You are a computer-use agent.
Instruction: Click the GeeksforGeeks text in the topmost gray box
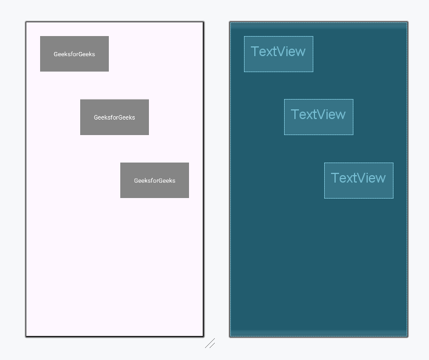pos(74,54)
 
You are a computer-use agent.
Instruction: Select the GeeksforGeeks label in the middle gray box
pos(115,117)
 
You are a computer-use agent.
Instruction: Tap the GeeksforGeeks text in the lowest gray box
pos(155,180)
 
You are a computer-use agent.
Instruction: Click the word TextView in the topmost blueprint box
pos(278,52)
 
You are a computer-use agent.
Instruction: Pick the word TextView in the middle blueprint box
pos(318,114)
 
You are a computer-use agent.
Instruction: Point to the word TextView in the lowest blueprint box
pos(359,178)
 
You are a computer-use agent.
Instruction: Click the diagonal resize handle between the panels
pos(210,343)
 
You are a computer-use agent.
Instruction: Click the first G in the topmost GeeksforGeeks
pos(56,54)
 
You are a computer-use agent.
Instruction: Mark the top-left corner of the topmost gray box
pos(40,36)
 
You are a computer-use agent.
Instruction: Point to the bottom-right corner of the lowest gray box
pos(188,197)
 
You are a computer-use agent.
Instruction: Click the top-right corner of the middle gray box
pos(148,100)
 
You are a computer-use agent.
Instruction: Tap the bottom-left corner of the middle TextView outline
pos(285,134)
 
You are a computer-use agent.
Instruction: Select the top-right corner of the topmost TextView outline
pos(313,37)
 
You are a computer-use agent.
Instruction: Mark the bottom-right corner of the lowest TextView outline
pos(393,198)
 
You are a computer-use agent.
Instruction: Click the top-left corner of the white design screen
pos(26,22)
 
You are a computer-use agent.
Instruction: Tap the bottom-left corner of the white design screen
pos(26,336)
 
